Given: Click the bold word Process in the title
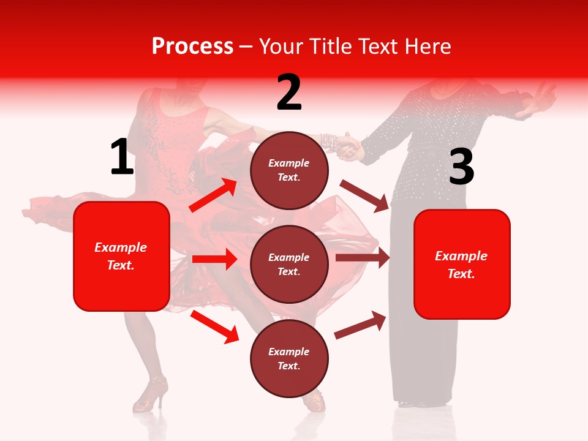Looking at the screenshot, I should tap(192, 46).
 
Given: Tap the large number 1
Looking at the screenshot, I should tap(122, 157).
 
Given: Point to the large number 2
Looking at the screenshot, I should tap(289, 92).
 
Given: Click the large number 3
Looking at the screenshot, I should tap(461, 167).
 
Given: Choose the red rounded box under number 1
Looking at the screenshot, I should tap(121, 256).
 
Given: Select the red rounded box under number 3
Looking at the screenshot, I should tap(462, 264).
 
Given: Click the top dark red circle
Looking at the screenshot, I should tap(289, 170).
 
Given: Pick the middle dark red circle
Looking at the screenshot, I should tap(289, 264).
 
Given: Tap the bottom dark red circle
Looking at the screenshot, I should tap(289, 358).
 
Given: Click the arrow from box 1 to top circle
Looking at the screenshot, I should tap(213, 195).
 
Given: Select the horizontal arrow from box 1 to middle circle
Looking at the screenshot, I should tap(214, 258).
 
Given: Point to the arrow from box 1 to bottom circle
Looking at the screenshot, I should tap(215, 326).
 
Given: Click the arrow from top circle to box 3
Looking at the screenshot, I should tap(365, 195).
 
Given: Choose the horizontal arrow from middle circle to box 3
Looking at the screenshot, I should tap(363, 258).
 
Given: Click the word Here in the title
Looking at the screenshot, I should tap(428, 46).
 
